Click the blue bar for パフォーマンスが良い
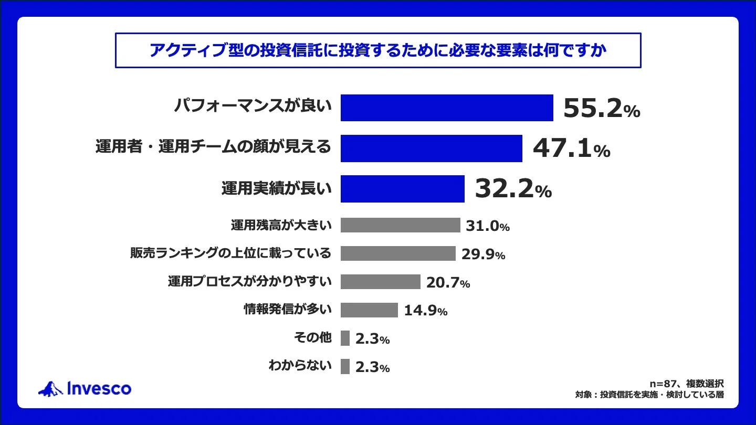coord(447,108)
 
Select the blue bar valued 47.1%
coord(431,148)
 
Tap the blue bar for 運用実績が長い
coord(402,189)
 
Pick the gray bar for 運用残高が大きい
coord(400,225)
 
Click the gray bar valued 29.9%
coord(397,253)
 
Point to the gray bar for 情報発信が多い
coord(369,310)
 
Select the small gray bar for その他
coord(345,338)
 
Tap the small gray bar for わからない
coord(345,367)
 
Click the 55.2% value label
coord(601,109)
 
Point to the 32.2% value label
coord(513,189)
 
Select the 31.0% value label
coord(488,226)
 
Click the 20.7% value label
coord(448,283)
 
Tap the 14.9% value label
coord(426,311)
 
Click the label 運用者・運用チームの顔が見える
coord(213,147)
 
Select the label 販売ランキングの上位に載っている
coord(230,253)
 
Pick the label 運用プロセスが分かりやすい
coord(249,282)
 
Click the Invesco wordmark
coord(99,389)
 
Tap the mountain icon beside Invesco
coord(50,389)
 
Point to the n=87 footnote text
coord(687,384)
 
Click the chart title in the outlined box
coord(378,50)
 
